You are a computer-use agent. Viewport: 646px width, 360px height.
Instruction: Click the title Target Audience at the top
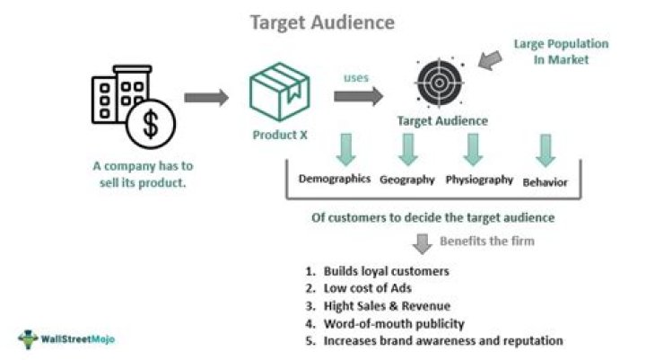point(323,22)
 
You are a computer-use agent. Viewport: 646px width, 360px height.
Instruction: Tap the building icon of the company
point(118,95)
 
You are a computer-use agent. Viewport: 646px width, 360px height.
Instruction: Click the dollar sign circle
point(151,125)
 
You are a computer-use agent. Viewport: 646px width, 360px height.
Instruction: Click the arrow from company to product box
point(207,98)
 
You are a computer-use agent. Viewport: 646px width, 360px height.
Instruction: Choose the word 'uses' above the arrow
point(356,77)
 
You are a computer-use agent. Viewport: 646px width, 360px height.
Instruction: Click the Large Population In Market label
point(561,51)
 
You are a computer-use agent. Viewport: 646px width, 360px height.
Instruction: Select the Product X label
point(278,136)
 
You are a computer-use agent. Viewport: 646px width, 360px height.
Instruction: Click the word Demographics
point(334,179)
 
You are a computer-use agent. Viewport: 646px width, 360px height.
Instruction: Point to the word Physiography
point(479,180)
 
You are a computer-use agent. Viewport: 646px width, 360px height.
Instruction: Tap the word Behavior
point(545,181)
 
